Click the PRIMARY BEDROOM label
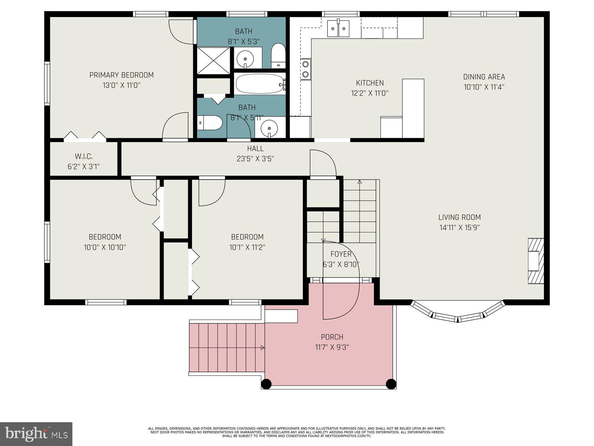121,75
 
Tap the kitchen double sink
338,28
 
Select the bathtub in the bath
260,84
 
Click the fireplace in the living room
536,261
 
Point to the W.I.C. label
84,156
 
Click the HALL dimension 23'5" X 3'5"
255,159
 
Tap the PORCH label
332,337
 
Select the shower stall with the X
213,60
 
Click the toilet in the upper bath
278,56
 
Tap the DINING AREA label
484,77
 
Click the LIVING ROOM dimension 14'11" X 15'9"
460,227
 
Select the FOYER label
341,254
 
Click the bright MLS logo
36,434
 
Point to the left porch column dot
266,384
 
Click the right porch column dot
391,384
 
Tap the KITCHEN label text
370,83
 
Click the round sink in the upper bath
245,58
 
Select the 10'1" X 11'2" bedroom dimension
247,247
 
